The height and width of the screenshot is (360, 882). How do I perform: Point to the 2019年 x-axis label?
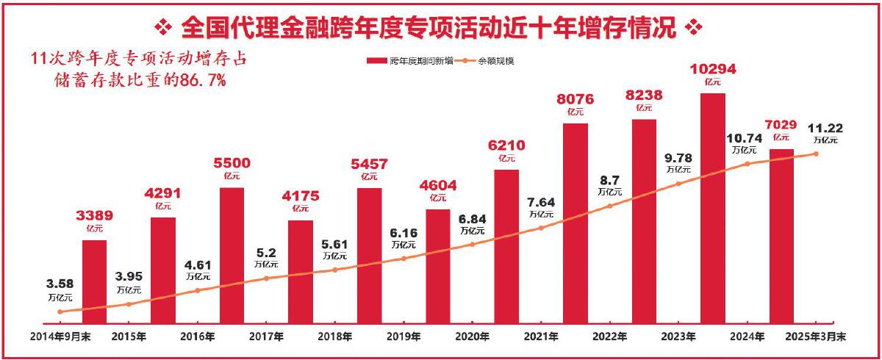pos(404,336)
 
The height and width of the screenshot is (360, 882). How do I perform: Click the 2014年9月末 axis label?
pos(60,336)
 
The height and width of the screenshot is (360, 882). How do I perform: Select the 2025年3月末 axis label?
pos(816,336)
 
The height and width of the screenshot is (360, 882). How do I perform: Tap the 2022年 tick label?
pos(610,336)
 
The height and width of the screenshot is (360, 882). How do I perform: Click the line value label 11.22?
pos(825,127)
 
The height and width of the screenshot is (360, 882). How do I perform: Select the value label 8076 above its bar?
pos(575,98)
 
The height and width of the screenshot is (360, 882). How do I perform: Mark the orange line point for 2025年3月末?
pos(815,154)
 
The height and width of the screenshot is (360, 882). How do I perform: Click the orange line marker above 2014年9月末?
pos(60,312)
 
